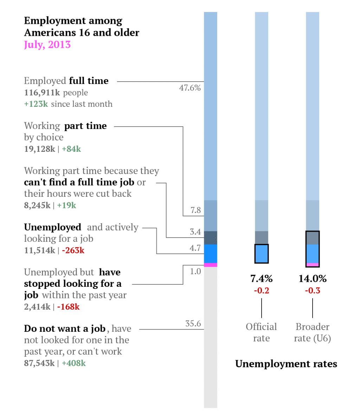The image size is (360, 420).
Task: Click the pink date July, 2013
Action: coord(47,45)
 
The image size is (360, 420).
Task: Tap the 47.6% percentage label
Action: coord(190,88)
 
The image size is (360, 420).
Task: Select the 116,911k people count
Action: coord(42,93)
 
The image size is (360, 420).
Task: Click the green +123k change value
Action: coord(36,104)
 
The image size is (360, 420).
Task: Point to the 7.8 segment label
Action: coord(195,210)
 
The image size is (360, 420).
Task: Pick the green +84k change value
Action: coord(71,149)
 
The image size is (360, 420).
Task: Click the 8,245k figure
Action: coord(37,205)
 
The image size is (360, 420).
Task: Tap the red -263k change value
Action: coord(73,251)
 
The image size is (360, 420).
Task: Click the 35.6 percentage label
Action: coord(193,324)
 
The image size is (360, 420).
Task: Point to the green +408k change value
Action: coord(73,363)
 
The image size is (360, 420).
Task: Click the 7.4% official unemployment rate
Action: coord(261,279)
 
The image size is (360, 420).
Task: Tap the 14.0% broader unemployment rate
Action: coord(313,279)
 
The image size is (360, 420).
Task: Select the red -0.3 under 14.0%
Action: coord(313,291)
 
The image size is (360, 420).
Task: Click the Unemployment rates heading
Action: coord(286,364)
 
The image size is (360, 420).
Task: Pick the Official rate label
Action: coord(261,332)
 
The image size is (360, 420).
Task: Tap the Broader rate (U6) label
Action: coord(313,332)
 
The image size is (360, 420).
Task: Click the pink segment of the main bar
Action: coord(211,265)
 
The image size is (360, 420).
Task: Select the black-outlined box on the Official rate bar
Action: coord(262,254)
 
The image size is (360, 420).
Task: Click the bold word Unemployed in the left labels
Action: coord(52,227)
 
